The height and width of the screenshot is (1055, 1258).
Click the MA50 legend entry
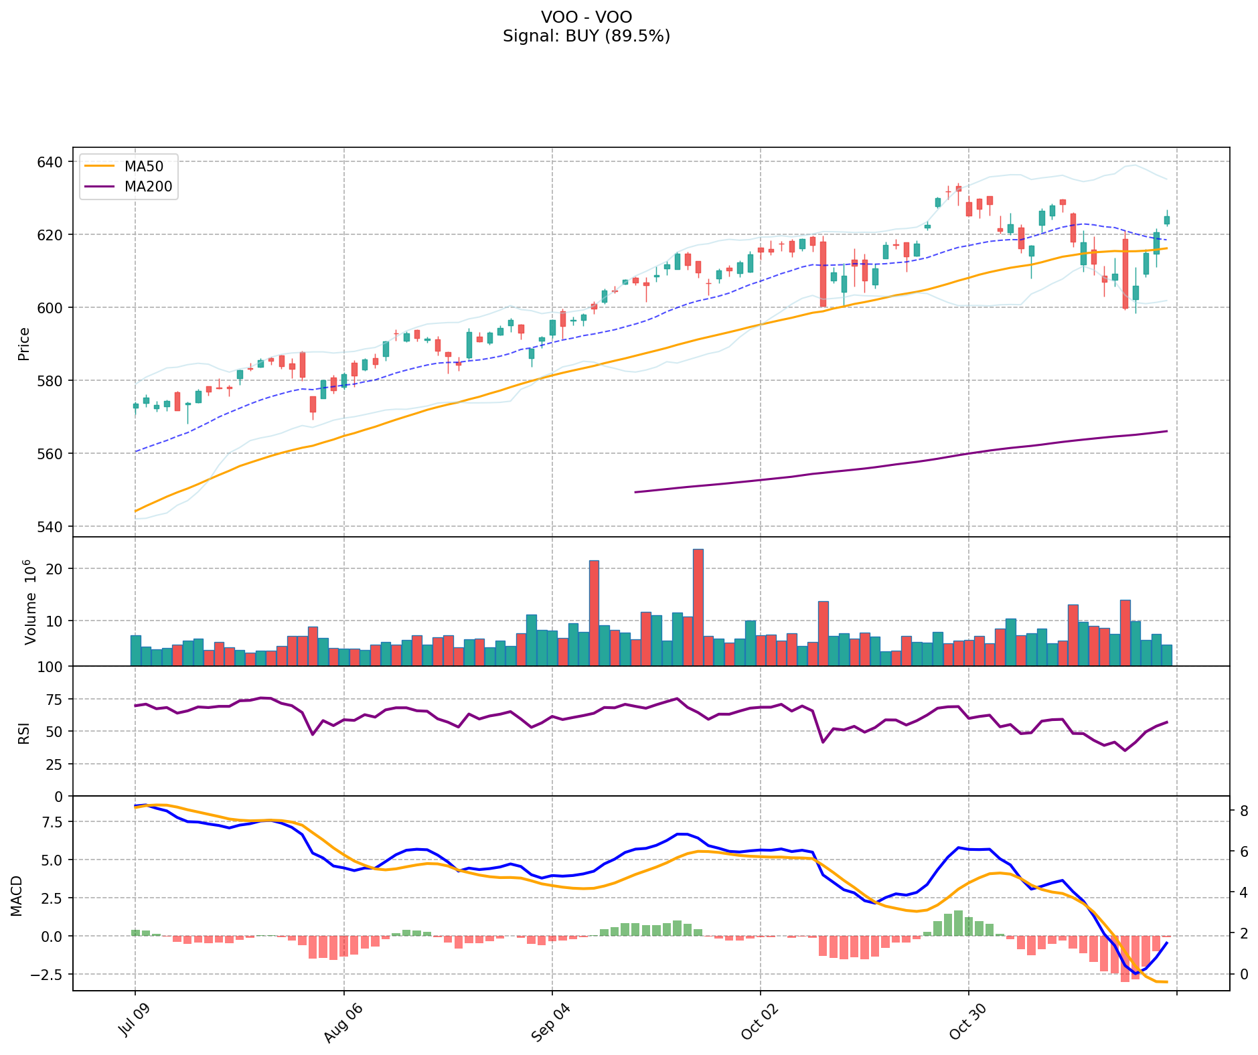[143, 166]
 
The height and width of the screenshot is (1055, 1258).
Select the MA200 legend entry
[147, 187]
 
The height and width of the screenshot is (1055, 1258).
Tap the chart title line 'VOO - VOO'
[586, 17]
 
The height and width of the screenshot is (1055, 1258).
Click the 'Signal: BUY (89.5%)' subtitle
[586, 36]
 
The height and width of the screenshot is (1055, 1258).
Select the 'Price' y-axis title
[24, 343]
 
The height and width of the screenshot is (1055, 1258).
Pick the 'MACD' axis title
[17, 896]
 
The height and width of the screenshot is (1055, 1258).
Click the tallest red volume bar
[698, 606]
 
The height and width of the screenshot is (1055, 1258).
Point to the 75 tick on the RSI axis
[56, 700]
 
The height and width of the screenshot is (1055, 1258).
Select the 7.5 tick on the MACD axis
[52, 822]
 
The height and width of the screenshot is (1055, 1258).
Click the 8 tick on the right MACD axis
[1243, 811]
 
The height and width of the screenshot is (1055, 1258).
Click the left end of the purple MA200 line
[635, 492]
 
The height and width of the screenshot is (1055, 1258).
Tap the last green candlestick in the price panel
[1167, 220]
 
